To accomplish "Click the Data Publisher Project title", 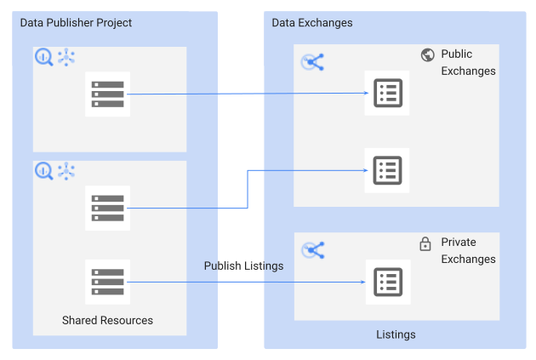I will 77,21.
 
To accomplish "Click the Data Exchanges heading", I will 311,21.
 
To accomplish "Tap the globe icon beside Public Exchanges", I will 427,55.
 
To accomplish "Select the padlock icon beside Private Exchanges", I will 425,244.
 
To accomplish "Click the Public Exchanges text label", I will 467,63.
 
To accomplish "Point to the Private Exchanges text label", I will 468,251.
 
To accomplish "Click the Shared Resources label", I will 107,320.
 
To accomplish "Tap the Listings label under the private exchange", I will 396,334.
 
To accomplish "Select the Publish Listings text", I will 243,266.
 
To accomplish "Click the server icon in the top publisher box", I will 108,94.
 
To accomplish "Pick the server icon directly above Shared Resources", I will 108,282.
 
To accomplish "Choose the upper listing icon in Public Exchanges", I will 387,94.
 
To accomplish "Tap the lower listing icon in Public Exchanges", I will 387,169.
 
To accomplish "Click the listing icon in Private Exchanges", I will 387,282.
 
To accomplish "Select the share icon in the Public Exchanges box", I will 313,61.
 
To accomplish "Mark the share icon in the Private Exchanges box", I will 313,249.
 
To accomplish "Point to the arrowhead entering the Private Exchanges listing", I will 361,282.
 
